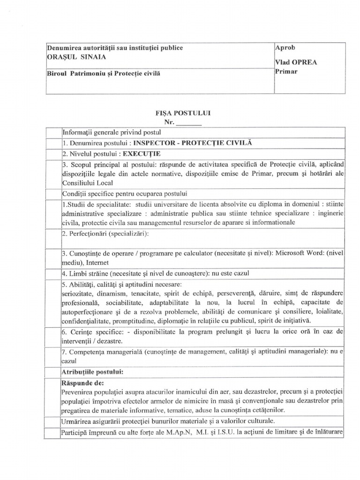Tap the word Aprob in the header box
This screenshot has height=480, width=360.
click(x=285, y=47)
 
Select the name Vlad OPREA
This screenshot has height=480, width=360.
click(x=296, y=62)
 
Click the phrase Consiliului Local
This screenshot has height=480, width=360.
click(x=88, y=182)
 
